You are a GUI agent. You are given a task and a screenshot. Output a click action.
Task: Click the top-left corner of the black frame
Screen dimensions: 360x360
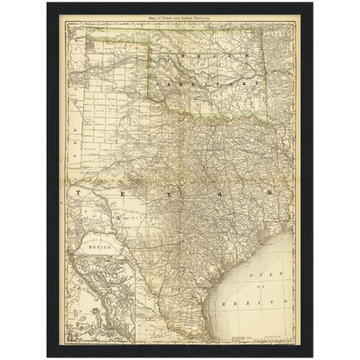tap(46, 3)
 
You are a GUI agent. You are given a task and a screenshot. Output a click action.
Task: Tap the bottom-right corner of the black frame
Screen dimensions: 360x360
tap(314, 357)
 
